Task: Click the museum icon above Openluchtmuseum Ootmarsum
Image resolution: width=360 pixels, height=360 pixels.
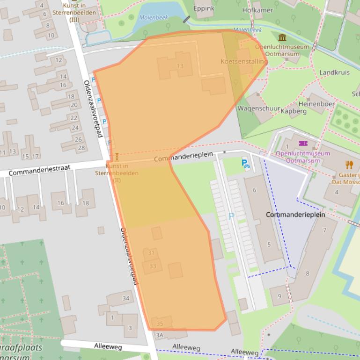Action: tap(282, 38)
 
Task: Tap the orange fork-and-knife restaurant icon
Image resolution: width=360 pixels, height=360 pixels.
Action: tap(349, 164)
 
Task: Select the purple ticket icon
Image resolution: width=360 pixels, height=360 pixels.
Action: tap(302, 144)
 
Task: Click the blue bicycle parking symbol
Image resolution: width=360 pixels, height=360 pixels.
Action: tap(245, 163)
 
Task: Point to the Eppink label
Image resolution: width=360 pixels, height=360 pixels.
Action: tap(204, 8)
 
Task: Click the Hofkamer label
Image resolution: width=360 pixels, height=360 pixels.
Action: tap(257, 10)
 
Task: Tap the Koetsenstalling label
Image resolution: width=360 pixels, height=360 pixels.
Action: tap(244, 61)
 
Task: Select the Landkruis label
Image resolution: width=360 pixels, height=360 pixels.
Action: tap(334, 72)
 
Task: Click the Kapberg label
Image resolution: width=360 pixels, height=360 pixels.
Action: tap(294, 111)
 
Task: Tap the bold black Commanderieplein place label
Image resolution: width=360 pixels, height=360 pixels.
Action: tap(295, 215)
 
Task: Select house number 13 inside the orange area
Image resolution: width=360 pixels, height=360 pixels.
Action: tap(180, 66)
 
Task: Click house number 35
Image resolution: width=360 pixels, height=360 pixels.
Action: tap(160, 324)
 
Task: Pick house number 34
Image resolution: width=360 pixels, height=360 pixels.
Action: tap(125, 298)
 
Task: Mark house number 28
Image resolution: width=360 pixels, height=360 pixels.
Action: tap(81, 148)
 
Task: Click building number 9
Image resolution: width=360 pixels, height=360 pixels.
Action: tap(279, 296)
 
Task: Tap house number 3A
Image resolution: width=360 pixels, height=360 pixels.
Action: tap(160, 335)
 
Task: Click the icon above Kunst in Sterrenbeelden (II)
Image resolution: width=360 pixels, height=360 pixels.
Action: tap(117, 156)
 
